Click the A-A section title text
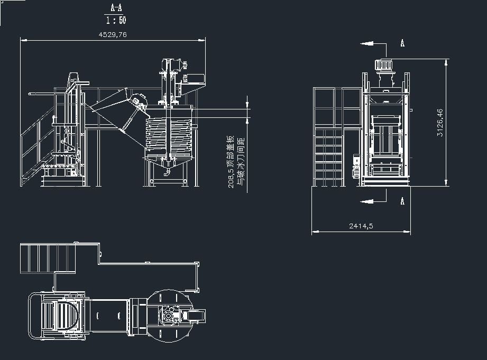[116, 8]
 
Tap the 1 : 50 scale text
[116, 21]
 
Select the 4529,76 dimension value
[113, 34]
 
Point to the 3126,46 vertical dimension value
[440, 123]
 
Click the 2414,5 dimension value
[361, 226]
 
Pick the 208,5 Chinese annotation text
[236, 162]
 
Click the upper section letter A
[402, 43]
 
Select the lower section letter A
[402, 201]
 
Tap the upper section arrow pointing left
[367, 44]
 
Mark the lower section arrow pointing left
[367, 201]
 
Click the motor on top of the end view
[384, 65]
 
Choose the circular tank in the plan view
[169, 316]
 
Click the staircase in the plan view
[48, 259]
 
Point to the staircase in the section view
[37, 146]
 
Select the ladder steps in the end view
[329, 158]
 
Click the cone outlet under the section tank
[168, 168]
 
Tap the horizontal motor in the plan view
[195, 316]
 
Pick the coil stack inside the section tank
[169, 134]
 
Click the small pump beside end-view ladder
[356, 166]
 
